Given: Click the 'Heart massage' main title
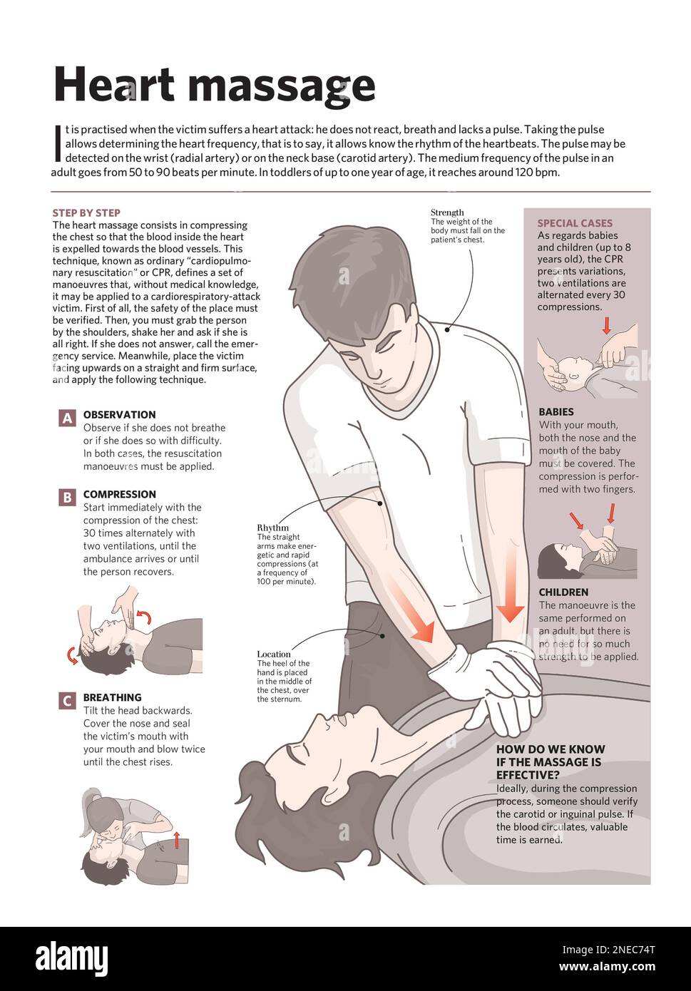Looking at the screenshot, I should [214, 86].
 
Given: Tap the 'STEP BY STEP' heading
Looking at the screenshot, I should [86, 212].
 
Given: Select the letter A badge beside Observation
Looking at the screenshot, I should [67, 419].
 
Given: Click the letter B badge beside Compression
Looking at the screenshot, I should [67, 498].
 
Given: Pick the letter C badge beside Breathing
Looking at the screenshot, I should [67, 701].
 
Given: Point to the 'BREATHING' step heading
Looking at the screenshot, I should [112, 697].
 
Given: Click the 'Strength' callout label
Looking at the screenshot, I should [447, 212].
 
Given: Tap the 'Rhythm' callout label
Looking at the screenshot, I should [272, 528].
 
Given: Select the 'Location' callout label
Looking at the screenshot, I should [274, 654].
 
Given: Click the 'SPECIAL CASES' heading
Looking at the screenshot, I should [575, 223].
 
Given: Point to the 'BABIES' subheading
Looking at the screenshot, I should [556, 411].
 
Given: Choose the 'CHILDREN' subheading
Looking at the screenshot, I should [563, 592].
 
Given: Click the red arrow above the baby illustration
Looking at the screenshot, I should [607, 326].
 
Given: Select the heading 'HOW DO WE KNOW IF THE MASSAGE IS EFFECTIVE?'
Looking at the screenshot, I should [550, 761].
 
